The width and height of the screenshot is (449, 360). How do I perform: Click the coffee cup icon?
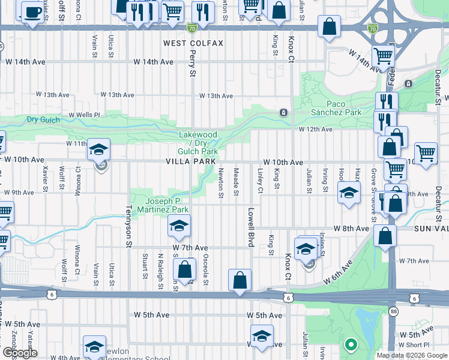pos(32,12)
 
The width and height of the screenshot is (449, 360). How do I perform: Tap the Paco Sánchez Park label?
pos(336,108)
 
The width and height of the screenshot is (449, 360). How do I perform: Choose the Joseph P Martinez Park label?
pos(168,205)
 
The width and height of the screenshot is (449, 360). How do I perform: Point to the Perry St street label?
pos(193,64)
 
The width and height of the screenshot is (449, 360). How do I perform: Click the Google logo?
pos(20,353)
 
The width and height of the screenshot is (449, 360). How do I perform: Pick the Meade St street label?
pos(237,182)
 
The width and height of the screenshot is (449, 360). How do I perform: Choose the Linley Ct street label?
pos(261,182)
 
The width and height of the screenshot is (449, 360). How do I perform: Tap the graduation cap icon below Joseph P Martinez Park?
pos(178,227)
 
